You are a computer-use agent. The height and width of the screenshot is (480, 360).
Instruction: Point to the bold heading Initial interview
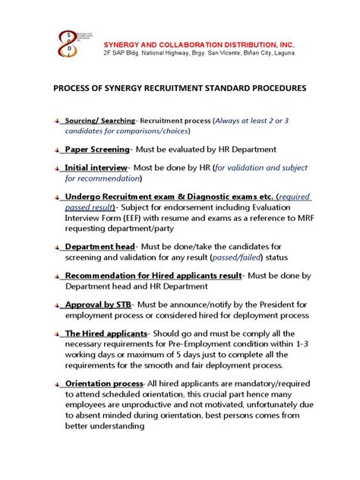click(96, 167)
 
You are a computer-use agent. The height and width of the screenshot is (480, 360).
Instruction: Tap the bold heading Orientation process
click(106, 384)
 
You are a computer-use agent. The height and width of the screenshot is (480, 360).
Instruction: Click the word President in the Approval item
click(257, 304)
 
